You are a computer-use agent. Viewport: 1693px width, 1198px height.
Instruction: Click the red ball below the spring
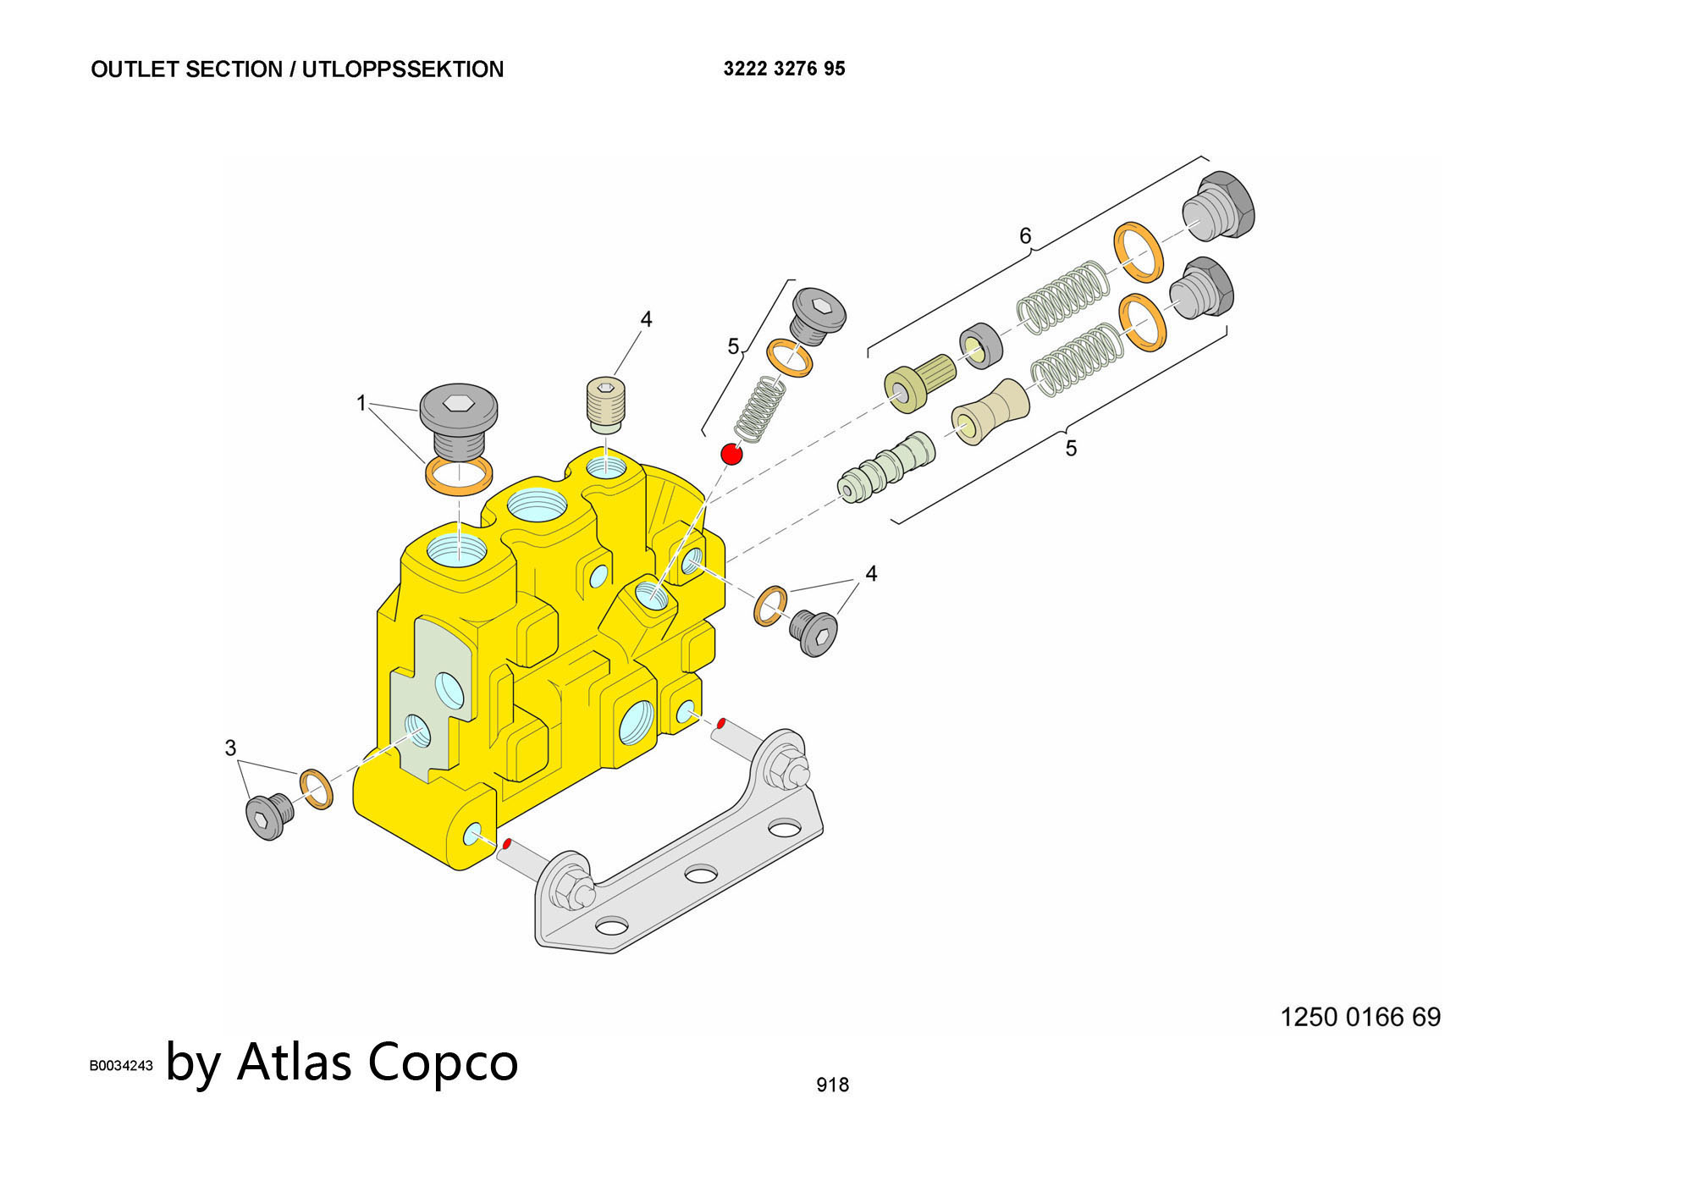tap(731, 454)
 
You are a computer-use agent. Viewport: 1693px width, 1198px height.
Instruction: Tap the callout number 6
tap(1025, 236)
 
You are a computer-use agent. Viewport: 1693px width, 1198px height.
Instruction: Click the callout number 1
tap(361, 403)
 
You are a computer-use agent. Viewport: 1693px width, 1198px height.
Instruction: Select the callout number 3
tap(230, 748)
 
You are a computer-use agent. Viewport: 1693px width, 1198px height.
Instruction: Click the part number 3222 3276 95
tap(784, 69)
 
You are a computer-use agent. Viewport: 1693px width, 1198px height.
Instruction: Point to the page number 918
tap(832, 1085)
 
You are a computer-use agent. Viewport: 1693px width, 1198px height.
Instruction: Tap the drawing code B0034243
tap(121, 1066)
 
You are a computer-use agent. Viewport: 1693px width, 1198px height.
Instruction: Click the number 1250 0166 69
tap(1359, 1017)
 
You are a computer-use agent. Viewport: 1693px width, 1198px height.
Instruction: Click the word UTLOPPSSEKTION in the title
tap(402, 69)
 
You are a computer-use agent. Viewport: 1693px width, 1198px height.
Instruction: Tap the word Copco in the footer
tap(443, 1062)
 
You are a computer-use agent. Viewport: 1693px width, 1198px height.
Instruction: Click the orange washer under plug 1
tap(458, 476)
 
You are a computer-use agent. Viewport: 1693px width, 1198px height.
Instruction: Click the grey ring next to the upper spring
tap(981, 345)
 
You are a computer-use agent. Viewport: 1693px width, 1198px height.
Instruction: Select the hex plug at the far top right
tap(1218, 206)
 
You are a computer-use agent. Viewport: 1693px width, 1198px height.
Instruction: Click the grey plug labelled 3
tap(269, 816)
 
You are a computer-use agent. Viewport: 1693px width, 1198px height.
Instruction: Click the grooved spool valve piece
tap(886, 469)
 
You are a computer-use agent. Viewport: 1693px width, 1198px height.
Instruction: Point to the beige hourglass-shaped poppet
tap(990, 412)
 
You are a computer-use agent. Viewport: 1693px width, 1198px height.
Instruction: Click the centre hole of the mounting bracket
tap(701, 873)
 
